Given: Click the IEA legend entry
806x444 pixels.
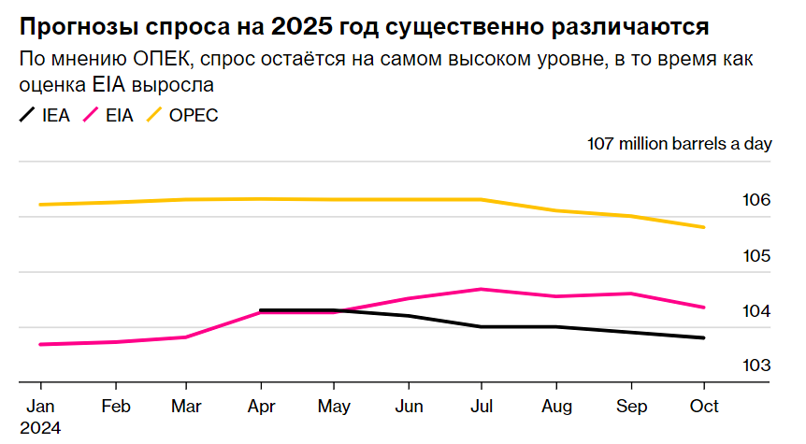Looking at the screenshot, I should tap(44, 116).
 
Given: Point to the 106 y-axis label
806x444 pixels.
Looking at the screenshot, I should tap(756, 201).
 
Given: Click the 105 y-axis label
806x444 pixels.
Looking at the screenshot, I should tap(756, 256).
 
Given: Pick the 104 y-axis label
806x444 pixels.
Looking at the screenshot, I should tap(756, 311).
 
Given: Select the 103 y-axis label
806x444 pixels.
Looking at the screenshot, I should tap(756, 366).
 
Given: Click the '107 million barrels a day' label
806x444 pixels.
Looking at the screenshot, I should tap(679, 144).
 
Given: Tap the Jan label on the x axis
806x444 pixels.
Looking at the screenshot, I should tap(40, 407).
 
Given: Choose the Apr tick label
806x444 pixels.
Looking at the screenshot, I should tap(260, 407).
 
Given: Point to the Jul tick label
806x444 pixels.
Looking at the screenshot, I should tap(481, 407).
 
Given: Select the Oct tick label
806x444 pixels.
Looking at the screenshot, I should tap(703, 407).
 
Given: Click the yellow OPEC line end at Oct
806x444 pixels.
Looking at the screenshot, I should tap(703, 227).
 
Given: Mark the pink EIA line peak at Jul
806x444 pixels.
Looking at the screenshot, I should tap(481, 289).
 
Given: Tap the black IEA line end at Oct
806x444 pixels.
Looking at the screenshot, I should tap(703, 337).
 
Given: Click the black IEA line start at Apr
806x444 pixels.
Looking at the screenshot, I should tap(261, 309).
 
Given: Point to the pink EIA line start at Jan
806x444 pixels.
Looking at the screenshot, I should tap(41, 344).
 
